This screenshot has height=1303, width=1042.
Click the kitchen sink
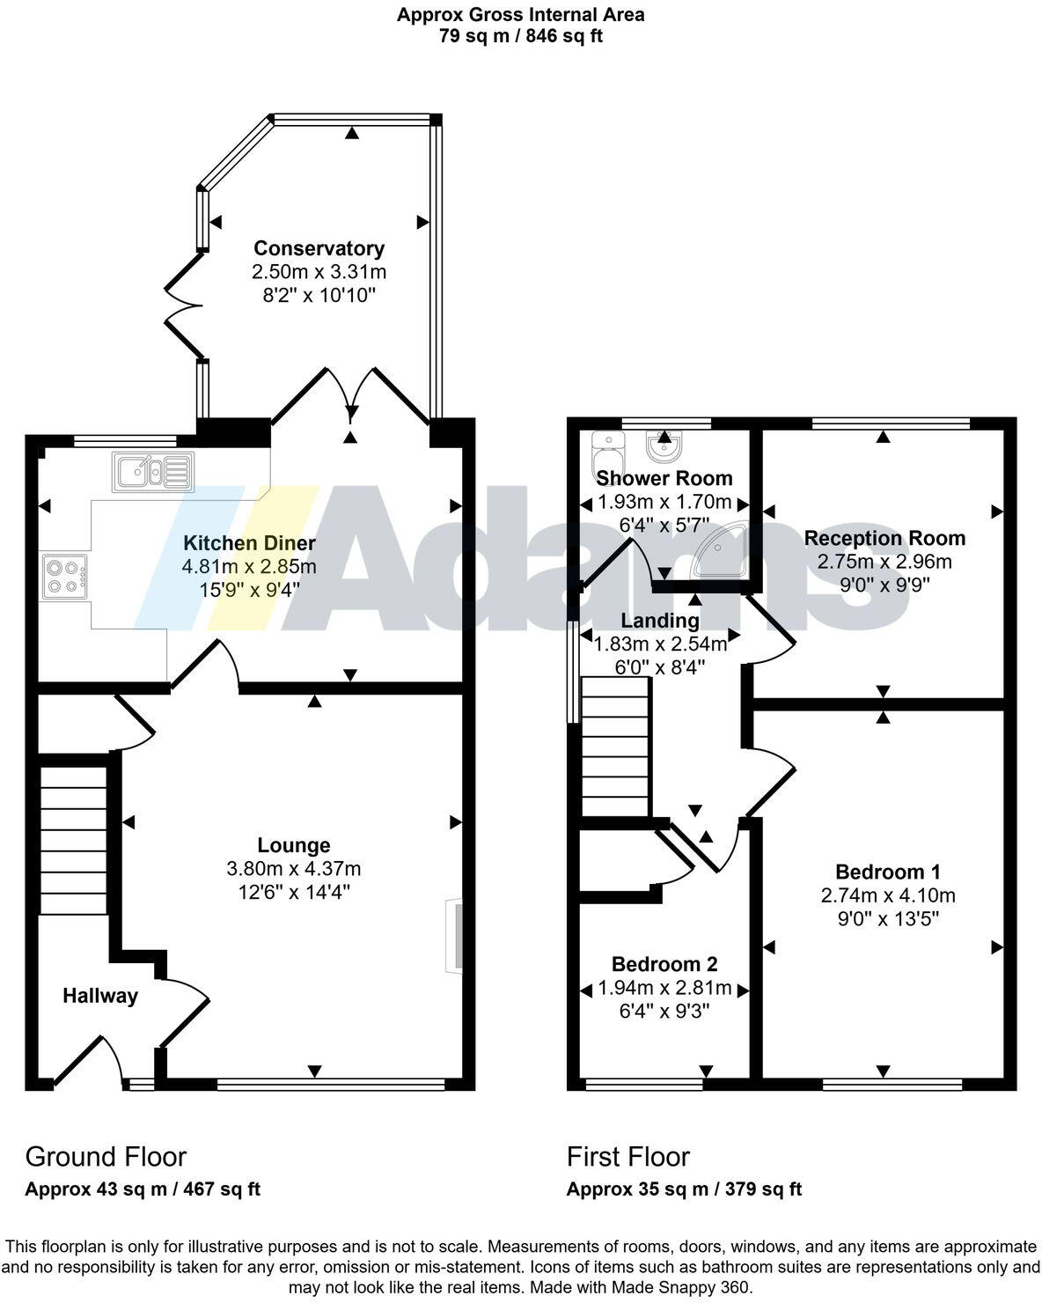(151, 472)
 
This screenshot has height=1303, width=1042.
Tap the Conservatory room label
(319, 248)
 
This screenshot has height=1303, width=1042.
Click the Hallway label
(100, 996)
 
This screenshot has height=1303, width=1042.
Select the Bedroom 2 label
(664, 964)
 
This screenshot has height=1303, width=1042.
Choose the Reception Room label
(884, 538)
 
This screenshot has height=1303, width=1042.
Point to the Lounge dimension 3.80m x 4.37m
(294, 869)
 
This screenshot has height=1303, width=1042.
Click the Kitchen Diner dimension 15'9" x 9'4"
(249, 589)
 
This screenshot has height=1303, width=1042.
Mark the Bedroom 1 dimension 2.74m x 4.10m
(888, 895)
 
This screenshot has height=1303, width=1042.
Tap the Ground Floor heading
(106, 1156)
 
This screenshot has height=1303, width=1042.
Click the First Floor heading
(627, 1156)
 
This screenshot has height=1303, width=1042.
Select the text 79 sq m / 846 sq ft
(521, 36)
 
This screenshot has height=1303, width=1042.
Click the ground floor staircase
(74, 840)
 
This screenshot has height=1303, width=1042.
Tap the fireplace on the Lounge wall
(455, 935)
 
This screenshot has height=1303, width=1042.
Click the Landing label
(660, 621)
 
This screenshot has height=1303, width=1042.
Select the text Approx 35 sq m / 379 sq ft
(684, 1189)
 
